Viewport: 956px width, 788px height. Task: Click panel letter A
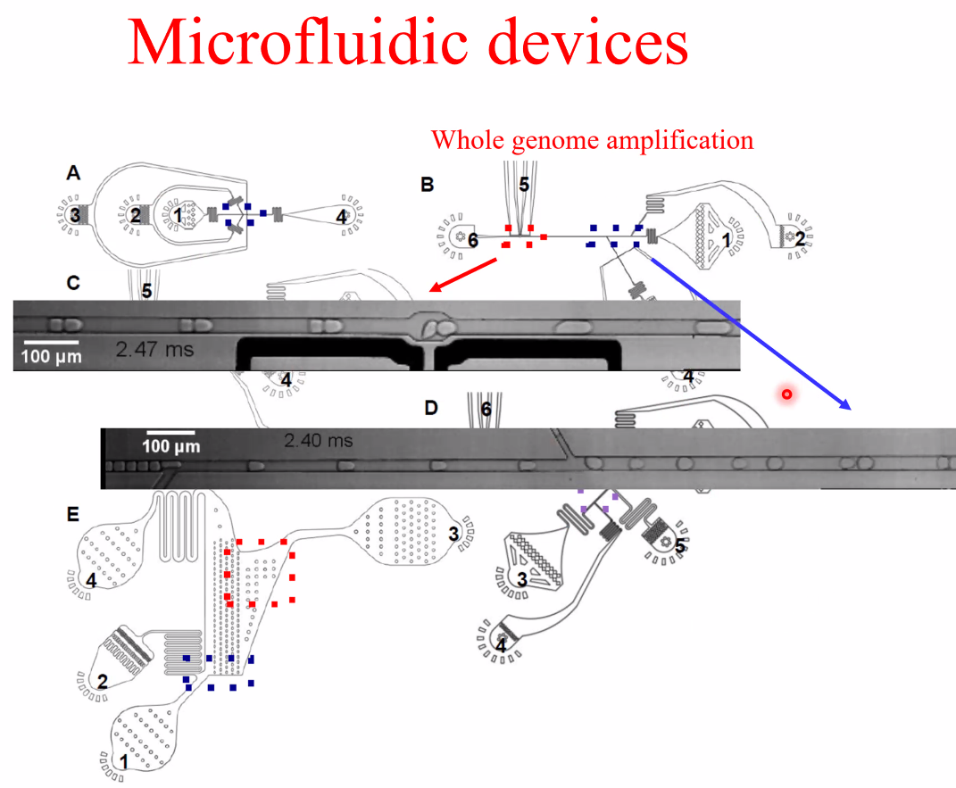74,174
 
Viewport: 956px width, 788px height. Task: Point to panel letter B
428,185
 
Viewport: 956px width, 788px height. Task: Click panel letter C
74,283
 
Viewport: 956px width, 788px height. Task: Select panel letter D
431,408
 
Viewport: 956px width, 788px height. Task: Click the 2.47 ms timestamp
154,349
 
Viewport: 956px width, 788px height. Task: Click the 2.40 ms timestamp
319,440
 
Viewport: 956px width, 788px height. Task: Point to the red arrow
464,274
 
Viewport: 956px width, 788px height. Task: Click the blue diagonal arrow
750,333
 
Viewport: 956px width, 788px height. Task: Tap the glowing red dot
786,394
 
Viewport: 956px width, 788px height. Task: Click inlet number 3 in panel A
76,215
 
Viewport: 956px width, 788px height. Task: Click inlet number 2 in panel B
800,237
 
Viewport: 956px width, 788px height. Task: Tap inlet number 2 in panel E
102,682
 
